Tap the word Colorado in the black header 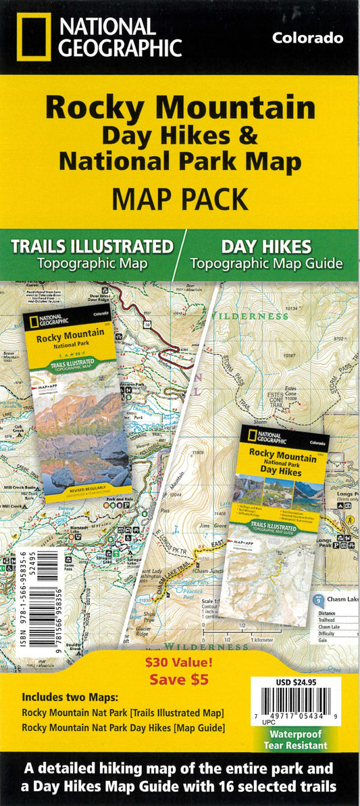pos(307,38)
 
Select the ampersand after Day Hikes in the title pos(249,136)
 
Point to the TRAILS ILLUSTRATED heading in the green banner pos(92,245)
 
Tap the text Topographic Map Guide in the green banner pos(266,264)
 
